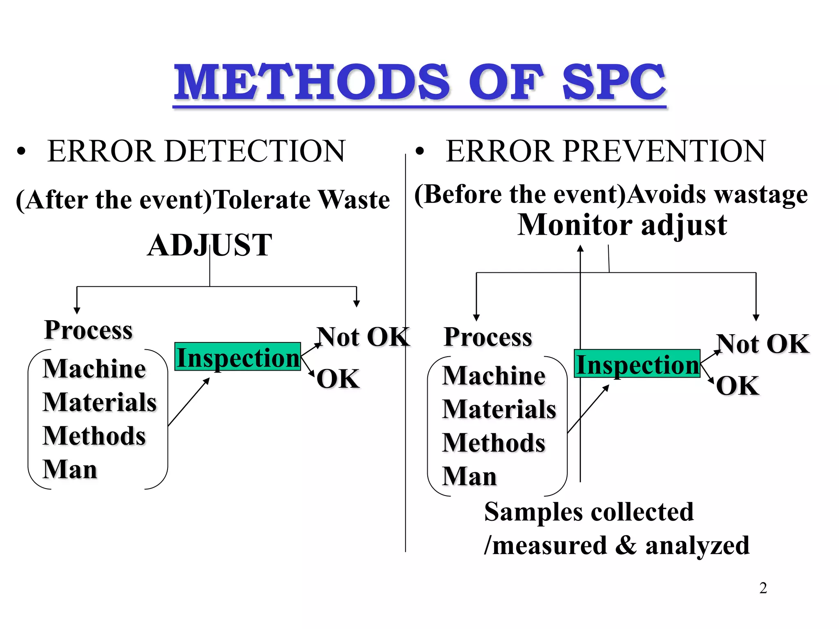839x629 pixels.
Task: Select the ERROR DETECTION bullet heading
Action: [196, 151]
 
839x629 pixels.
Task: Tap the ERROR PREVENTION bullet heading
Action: [605, 151]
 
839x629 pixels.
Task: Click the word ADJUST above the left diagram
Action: [209, 245]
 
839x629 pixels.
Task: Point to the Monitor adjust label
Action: [622, 225]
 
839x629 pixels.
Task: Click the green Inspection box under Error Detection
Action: [238, 357]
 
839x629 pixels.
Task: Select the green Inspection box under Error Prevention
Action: [637, 364]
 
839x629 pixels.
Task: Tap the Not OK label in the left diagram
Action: [363, 337]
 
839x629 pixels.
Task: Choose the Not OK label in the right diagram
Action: [762, 344]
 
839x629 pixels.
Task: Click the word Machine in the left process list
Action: [94, 369]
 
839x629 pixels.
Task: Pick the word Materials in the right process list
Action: [499, 409]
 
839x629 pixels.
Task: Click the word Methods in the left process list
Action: [94, 436]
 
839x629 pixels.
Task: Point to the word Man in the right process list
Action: [469, 476]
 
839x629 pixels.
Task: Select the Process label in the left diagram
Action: [88, 330]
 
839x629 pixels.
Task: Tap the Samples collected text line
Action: [589, 512]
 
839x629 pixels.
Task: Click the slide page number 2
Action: [763, 588]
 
